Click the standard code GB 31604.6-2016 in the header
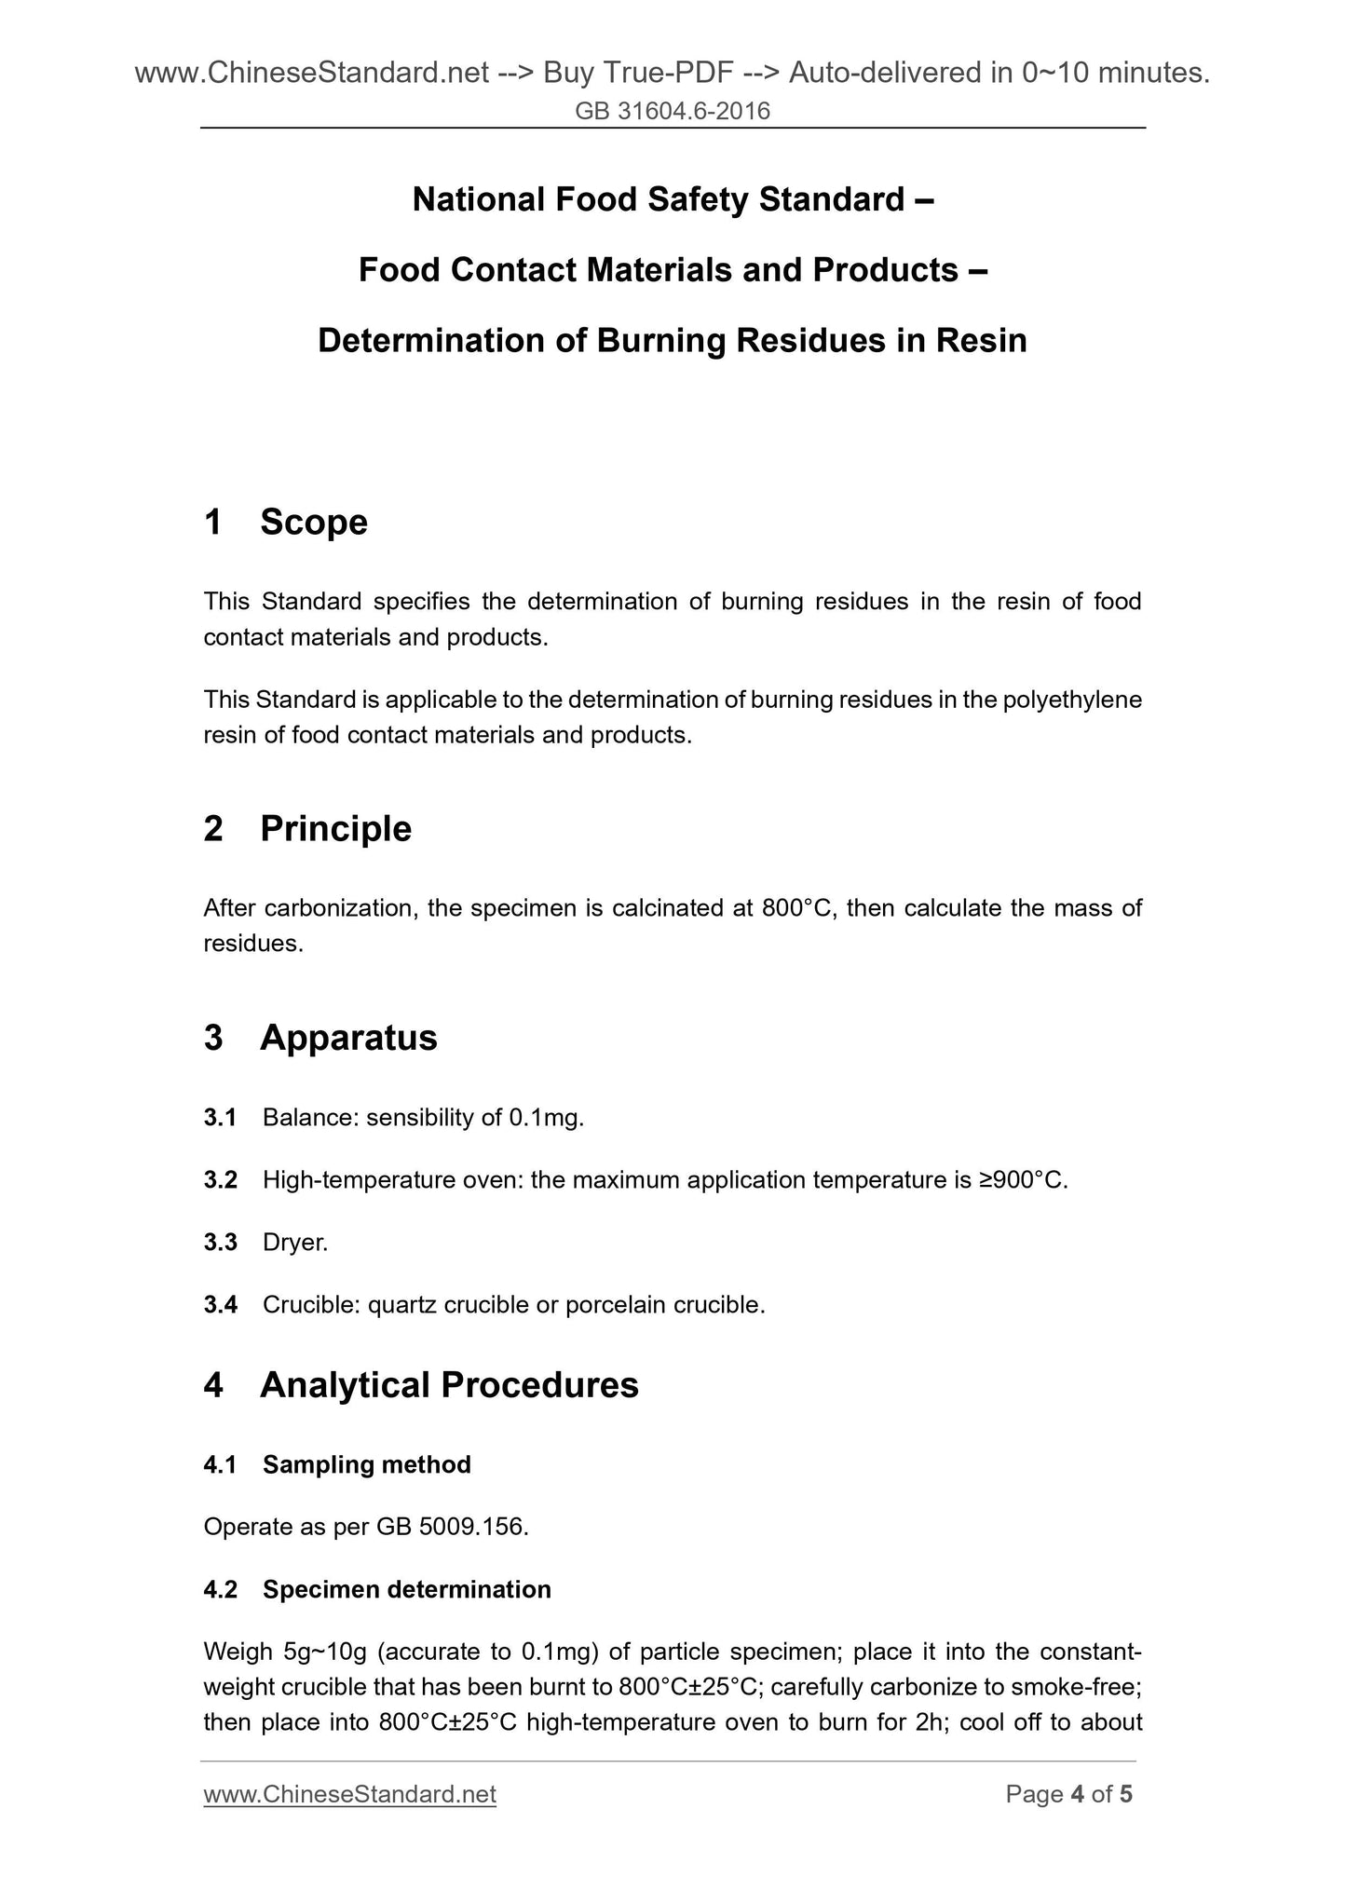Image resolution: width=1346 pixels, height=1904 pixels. tap(673, 112)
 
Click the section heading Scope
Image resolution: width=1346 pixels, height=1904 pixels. tap(314, 523)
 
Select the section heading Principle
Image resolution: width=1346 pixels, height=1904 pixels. tap(335, 828)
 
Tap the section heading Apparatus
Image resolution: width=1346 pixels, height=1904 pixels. tap(348, 1038)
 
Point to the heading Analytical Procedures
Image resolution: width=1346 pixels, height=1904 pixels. tap(449, 1385)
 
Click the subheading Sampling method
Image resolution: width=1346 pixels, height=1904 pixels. tap(367, 1465)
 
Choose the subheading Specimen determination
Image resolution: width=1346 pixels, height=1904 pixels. tap(407, 1589)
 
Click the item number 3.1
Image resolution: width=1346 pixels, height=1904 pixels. tap(220, 1118)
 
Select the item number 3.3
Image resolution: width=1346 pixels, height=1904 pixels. tap(220, 1243)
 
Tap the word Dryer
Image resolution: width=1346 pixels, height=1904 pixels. tap(295, 1243)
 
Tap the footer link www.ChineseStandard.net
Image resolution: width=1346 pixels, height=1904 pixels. tap(349, 1794)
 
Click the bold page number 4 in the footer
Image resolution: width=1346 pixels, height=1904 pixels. tap(1078, 1794)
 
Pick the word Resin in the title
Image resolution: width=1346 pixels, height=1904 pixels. tap(982, 341)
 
